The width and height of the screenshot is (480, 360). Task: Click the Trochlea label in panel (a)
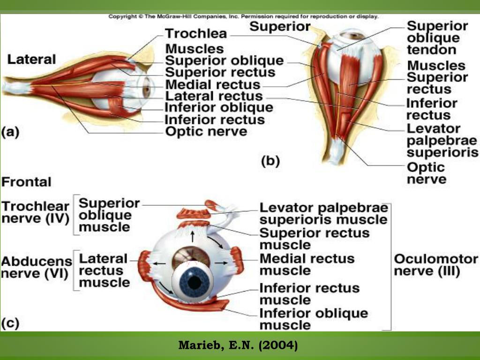click(196, 34)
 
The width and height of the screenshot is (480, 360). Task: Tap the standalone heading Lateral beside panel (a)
click(31, 60)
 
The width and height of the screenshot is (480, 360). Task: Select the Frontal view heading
click(27, 182)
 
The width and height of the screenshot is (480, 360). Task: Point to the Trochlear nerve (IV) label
click(36, 212)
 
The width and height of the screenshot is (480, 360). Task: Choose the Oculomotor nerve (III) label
click(436, 265)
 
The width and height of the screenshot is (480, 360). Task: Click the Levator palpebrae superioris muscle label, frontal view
click(324, 214)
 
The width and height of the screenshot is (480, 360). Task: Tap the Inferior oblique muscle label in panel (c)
click(314, 319)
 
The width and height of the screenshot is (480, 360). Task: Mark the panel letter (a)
click(10, 132)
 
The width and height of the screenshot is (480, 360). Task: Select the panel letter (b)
click(270, 161)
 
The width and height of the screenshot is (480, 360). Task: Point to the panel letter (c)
click(10, 323)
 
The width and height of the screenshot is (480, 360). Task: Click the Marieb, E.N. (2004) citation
click(238, 346)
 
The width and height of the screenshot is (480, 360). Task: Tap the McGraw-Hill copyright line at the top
click(243, 16)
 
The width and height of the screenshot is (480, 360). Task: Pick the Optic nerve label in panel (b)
click(426, 173)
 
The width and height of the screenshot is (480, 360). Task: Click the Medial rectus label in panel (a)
click(213, 85)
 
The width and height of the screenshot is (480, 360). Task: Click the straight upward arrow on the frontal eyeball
click(193, 234)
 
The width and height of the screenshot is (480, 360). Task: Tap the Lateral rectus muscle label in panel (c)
click(104, 270)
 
